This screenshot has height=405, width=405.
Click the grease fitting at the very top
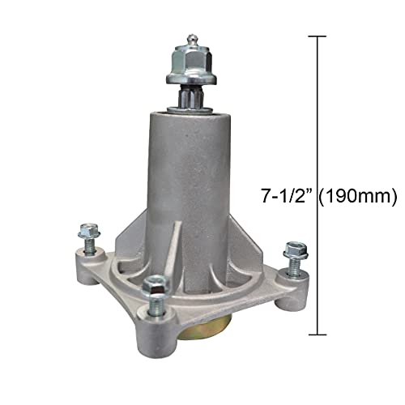click(x=190, y=40)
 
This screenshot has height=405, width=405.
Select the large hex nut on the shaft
click(x=190, y=62)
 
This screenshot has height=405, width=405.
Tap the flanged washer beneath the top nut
click(x=190, y=79)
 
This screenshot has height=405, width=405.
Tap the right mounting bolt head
click(x=296, y=248)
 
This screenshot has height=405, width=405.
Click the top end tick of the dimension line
click(x=318, y=36)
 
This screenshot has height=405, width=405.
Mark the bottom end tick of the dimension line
click(x=318, y=334)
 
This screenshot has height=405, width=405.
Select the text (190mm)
click(x=361, y=194)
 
